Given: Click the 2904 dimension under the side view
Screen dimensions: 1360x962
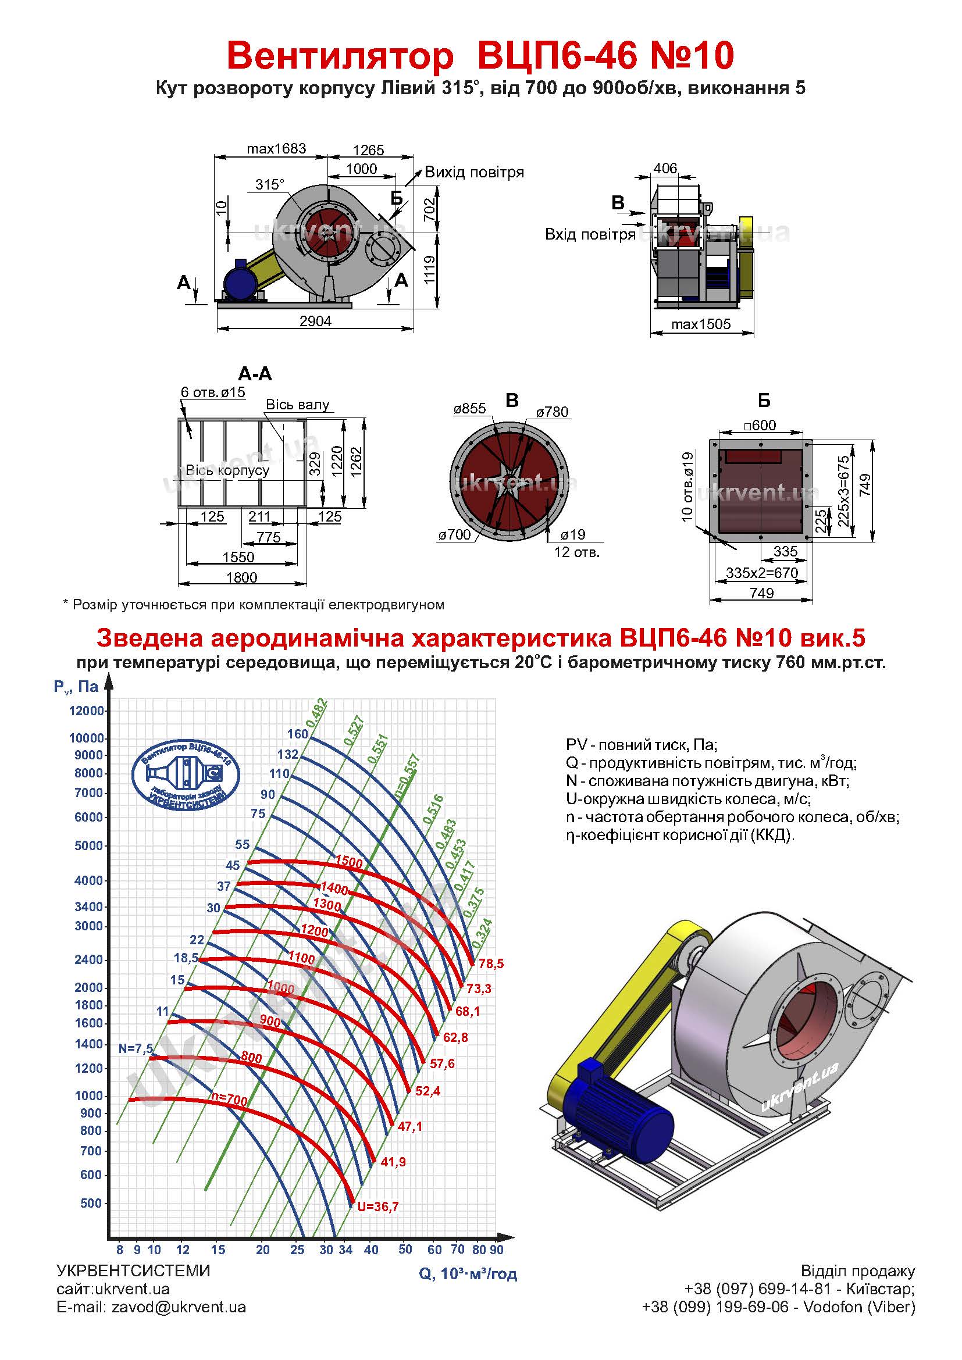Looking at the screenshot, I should (x=315, y=321).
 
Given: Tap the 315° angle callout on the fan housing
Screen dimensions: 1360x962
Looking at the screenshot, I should (x=269, y=184).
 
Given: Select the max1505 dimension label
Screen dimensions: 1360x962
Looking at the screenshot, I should (x=701, y=324).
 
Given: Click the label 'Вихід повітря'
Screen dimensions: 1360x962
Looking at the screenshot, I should (x=474, y=172).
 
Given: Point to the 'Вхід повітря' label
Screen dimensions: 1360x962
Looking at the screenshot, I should (x=589, y=234).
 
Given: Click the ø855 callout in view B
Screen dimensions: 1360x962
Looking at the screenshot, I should (x=469, y=408).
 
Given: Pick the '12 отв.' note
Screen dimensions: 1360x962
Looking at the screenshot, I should (x=576, y=552).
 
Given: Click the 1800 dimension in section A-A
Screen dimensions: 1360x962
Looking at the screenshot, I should (x=242, y=577).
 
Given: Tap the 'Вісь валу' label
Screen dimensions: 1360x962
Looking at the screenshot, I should (x=297, y=405).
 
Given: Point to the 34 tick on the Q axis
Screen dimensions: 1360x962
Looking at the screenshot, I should (x=345, y=1250).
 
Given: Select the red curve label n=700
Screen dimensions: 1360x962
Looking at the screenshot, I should (x=229, y=1100).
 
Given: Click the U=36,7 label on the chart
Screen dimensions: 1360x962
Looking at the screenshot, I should (x=378, y=1206).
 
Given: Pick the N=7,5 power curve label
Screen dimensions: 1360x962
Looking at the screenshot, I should (x=136, y=1048).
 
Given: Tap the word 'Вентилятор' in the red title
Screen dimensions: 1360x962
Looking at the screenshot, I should (x=340, y=56).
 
